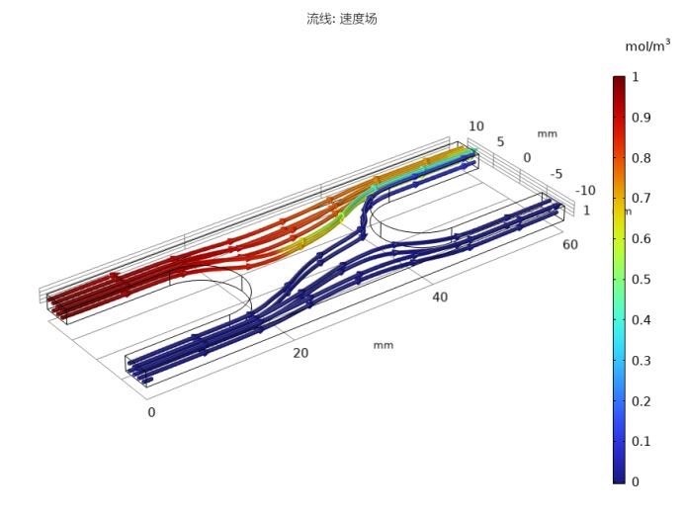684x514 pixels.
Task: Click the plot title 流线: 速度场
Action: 342,19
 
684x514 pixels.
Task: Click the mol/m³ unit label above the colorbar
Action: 647,45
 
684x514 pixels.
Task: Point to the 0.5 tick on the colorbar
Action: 641,280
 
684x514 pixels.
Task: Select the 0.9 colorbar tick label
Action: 641,118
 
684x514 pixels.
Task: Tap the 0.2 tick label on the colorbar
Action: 641,401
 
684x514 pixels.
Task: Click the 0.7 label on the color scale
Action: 641,198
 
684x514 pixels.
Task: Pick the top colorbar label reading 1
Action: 636,77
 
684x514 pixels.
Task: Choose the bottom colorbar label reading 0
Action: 636,481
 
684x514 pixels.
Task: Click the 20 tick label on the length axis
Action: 300,353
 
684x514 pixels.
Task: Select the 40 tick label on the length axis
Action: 440,298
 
